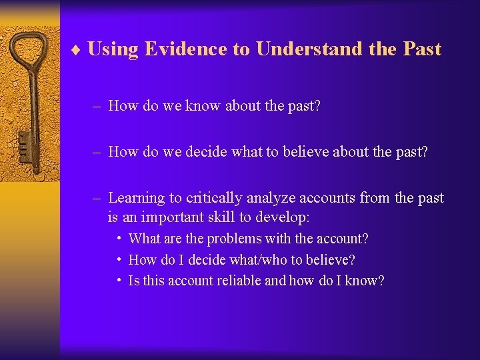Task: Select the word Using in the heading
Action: point(113,49)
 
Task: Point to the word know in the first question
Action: point(203,106)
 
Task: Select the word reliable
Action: point(236,281)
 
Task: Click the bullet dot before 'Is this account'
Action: point(118,280)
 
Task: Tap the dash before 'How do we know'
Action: point(97,106)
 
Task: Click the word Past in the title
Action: point(422,49)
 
